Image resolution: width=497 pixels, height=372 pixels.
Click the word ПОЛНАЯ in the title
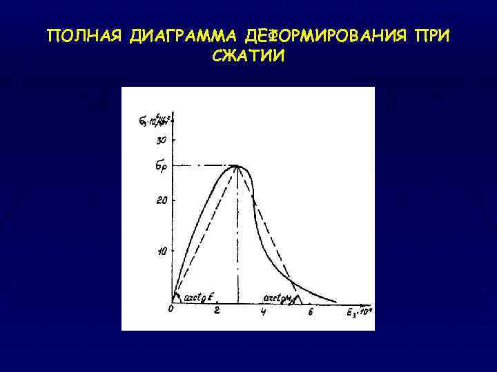84,36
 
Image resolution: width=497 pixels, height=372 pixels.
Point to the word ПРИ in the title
431,36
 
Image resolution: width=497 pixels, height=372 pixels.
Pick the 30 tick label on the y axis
162,141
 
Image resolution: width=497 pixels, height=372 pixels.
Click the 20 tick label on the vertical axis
162,200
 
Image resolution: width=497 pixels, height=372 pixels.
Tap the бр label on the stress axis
162,166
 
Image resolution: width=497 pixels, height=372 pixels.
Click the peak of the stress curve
237,165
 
